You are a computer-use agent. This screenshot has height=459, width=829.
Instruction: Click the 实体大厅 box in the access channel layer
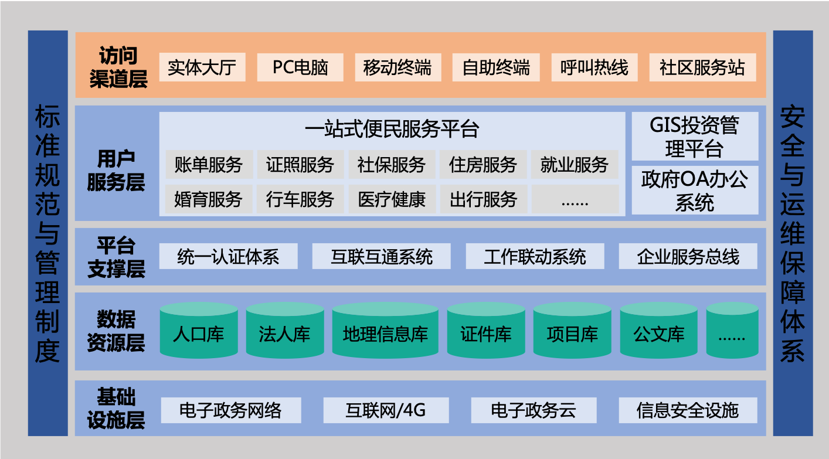tap(202, 67)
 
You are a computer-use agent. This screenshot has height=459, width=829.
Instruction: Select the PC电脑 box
tap(300, 67)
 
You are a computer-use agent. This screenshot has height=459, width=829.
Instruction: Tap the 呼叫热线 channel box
tap(594, 67)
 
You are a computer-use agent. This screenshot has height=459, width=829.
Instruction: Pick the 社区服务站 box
tap(702, 67)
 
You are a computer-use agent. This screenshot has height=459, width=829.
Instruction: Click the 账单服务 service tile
tap(209, 164)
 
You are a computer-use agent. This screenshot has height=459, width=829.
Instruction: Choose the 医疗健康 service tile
tap(392, 199)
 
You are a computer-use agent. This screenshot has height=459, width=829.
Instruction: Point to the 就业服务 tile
tap(575, 164)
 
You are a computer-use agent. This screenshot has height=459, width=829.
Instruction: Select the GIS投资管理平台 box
tap(695, 136)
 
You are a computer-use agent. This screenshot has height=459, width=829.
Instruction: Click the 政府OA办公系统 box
tap(695, 191)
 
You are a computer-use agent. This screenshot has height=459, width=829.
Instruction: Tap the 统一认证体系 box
tap(228, 256)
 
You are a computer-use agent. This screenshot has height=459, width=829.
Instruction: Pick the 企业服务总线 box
tap(688, 256)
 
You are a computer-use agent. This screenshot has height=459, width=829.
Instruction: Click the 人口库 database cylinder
tap(199, 330)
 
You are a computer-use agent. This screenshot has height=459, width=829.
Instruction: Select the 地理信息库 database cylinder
tap(385, 330)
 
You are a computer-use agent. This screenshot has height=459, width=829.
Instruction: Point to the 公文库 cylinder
tap(659, 330)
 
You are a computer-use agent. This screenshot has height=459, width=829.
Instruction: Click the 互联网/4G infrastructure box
tap(386, 410)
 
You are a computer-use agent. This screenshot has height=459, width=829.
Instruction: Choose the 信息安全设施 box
tap(688, 410)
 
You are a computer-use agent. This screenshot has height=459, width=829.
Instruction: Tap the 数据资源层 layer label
tap(116, 331)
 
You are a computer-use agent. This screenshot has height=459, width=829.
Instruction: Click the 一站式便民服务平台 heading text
tap(392, 129)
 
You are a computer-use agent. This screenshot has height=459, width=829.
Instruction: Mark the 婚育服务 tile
tap(209, 199)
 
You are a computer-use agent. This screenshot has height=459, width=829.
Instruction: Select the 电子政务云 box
tap(534, 410)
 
